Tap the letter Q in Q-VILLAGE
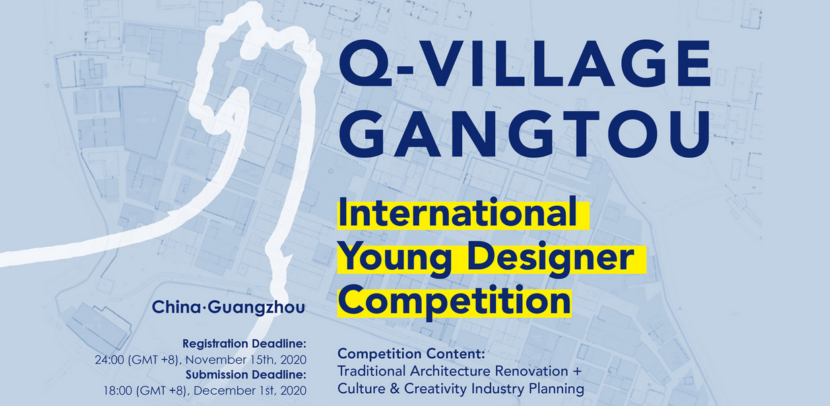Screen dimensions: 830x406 tap(364, 65)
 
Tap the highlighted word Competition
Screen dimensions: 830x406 tap(454, 301)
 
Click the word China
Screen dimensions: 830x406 tap(176, 307)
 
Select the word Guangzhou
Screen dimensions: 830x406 tap(257, 308)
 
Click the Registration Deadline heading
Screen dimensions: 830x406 tap(245, 344)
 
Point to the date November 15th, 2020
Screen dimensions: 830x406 tap(246, 359)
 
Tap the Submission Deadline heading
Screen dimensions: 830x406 tap(246, 375)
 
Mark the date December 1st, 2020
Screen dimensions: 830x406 tap(250, 390)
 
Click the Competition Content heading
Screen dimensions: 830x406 tap(411, 353)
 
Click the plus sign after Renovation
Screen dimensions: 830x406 tap(577, 371)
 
